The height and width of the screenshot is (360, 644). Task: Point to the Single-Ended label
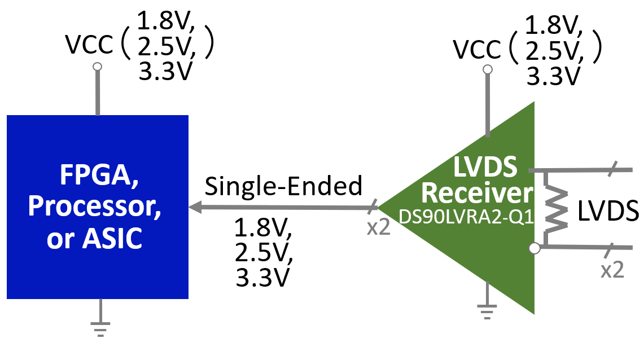283,185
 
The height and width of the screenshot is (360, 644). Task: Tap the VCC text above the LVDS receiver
477,50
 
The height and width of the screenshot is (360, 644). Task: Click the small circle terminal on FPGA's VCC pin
97,67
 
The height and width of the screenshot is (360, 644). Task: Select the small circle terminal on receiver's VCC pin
487,69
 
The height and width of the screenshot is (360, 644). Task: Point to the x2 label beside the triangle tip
378,229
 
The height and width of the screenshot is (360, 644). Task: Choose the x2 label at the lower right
612,270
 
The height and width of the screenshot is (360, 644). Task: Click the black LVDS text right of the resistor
608,212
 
